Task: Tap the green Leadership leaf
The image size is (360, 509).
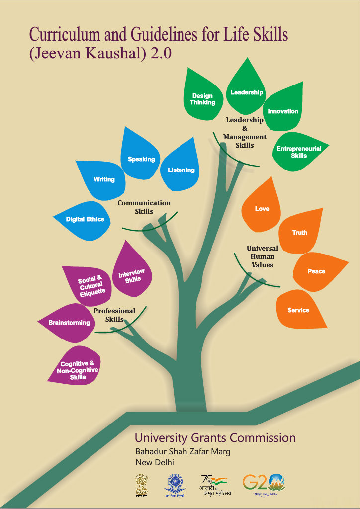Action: (247, 89)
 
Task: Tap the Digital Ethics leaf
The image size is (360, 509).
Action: (85, 219)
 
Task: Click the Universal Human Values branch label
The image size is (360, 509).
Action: (262, 256)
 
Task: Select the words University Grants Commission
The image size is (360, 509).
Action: (215, 438)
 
